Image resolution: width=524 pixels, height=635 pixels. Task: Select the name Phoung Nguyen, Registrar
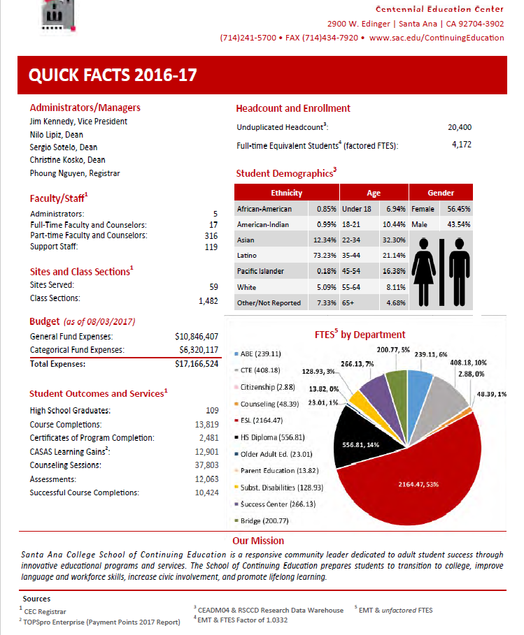coord(75,173)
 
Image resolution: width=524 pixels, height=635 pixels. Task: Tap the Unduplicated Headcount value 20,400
coord(459,128)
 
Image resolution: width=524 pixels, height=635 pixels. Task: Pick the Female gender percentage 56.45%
coord(459,209)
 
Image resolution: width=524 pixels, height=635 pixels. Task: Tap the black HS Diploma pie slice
coord(360,440)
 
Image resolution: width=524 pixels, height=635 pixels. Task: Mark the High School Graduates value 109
coord(213,411)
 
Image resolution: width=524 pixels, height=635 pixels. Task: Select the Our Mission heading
coord(258,540)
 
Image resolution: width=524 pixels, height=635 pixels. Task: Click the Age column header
coord(373,192)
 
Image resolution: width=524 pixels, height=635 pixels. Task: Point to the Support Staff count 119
coord(212,247)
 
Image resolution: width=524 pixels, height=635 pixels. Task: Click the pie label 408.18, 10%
coord(469,363)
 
